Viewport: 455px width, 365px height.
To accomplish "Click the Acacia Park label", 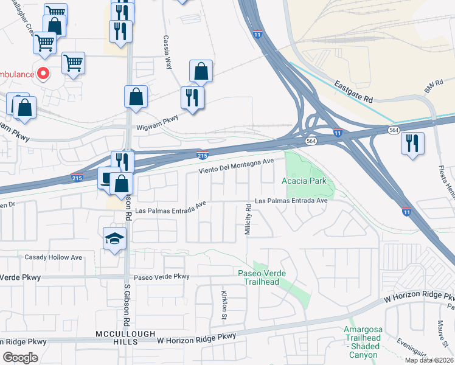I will point(304,181).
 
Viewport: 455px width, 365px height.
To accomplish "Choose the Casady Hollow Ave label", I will point(53,257).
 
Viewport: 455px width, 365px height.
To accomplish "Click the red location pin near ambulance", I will point(43,74).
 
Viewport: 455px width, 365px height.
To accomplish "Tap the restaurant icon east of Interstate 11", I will point(412,144).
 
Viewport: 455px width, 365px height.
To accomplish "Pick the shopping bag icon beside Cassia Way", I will point(201,72).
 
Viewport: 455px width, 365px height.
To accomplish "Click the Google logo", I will point(20,358).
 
